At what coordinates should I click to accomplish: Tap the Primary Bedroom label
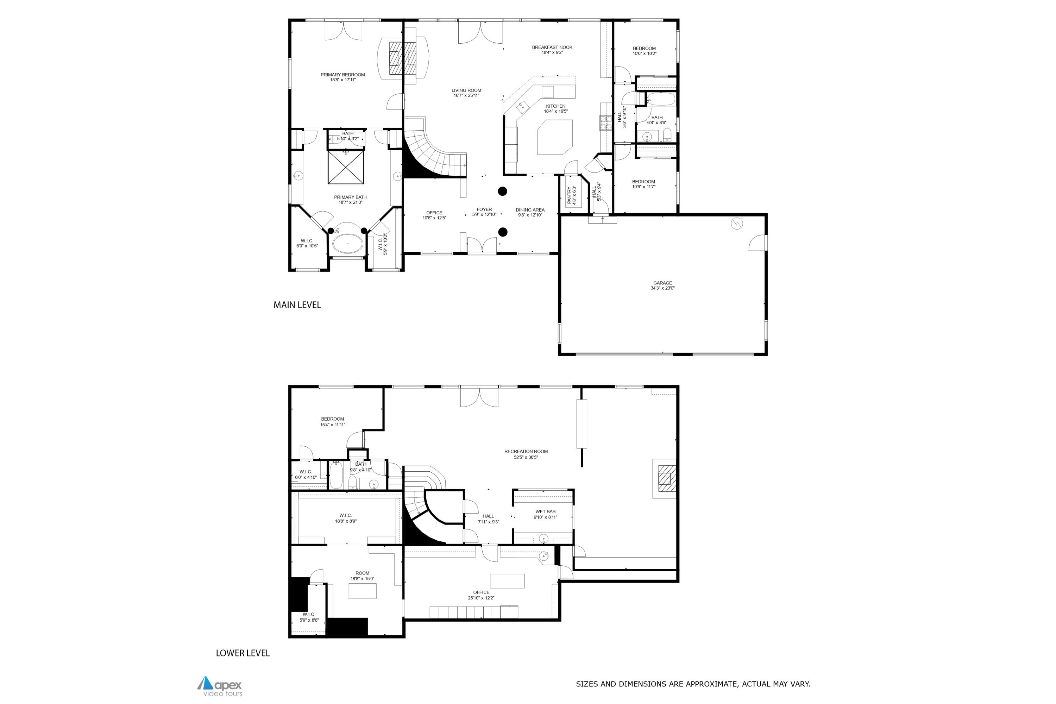[342, 77]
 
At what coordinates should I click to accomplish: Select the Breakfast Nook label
[552, 49]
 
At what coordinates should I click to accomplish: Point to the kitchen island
[555, 137]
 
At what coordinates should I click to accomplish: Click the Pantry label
[572, 196]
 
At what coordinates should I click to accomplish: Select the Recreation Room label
[526, 454]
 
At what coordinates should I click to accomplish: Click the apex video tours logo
[220, 686]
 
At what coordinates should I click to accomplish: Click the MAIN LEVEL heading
[297, 305]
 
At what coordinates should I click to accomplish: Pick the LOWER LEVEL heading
[243, 653]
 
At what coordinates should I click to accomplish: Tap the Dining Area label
[530, 212]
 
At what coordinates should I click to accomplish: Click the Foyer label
[484, 212]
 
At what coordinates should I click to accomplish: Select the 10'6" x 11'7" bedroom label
[643, 184]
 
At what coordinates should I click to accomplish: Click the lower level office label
[481, 595]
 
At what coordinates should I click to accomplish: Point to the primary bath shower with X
[346, 167]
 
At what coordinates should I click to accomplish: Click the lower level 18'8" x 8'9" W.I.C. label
[345, 518]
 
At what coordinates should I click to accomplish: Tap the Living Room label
[466, 93]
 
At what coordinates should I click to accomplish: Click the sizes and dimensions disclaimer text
[693, 684]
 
